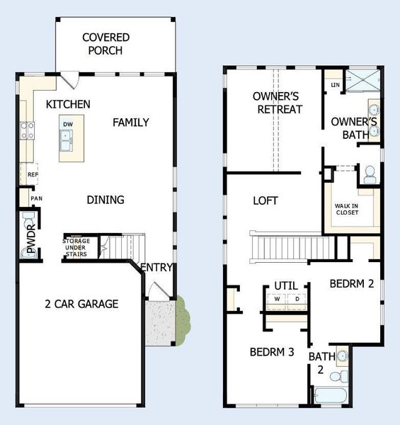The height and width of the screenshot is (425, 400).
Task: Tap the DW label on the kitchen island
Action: tap(67, 124)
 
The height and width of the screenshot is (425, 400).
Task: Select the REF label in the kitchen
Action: tap(32, 174)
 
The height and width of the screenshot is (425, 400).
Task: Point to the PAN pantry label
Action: tap(35, 198)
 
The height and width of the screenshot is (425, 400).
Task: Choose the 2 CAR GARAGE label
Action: tap(81, 304)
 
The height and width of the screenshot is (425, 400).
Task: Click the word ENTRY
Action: tap(157, 267)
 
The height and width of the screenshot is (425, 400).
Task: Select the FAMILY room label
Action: tap(131, 123)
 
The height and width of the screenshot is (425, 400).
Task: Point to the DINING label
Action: tap(105, 200)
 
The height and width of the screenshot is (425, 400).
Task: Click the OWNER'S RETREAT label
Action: tap(278, 103)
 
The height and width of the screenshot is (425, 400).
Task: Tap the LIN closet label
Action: tap(333, 86)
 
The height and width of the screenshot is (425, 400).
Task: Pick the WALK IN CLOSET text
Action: tap(346, 209)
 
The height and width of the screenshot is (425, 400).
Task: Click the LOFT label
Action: tap(265, 200)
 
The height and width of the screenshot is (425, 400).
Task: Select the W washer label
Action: tap(278, 298)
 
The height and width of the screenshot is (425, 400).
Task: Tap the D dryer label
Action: tap(297, 298)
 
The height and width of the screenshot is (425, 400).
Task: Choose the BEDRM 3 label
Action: tap(271, 352)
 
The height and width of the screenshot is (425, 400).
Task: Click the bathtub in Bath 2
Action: tap(329, 395)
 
